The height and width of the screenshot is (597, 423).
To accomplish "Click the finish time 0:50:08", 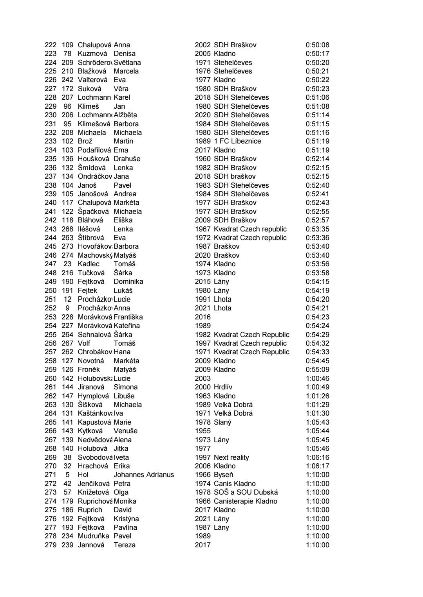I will tap(317, 45).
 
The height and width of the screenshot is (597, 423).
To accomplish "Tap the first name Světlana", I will tap(127, 63).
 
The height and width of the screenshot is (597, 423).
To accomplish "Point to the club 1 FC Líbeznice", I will tap(237, 141).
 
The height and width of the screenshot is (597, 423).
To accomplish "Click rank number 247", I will tap(51, 264).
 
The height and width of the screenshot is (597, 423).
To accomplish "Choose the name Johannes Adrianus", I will tap(144, 475).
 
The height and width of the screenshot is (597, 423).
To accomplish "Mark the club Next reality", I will tap(231, 457).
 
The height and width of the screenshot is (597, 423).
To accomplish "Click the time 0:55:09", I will tap(317, 369).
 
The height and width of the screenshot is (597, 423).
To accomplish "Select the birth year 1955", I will tap(202, 431).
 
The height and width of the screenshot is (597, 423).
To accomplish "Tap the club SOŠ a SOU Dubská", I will tap(246, 492).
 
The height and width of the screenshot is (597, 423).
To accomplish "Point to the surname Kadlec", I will tap(89, 264).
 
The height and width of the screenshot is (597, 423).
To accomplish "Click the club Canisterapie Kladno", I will tap(245, 501).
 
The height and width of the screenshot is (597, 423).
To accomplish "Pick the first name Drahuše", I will tap(127, 159).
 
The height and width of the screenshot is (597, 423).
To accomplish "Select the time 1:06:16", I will tap(317, 457).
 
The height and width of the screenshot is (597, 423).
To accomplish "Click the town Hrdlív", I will tap(223, 387).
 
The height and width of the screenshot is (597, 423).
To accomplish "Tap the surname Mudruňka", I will tap(93, 536).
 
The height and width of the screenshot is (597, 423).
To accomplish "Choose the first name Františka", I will tap(128, 317).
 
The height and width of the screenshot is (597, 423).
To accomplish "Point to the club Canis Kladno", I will tap(235, 484).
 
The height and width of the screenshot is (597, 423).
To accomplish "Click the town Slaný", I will tap(222, 422).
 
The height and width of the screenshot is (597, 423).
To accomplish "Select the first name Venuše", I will tap(125, 431).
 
